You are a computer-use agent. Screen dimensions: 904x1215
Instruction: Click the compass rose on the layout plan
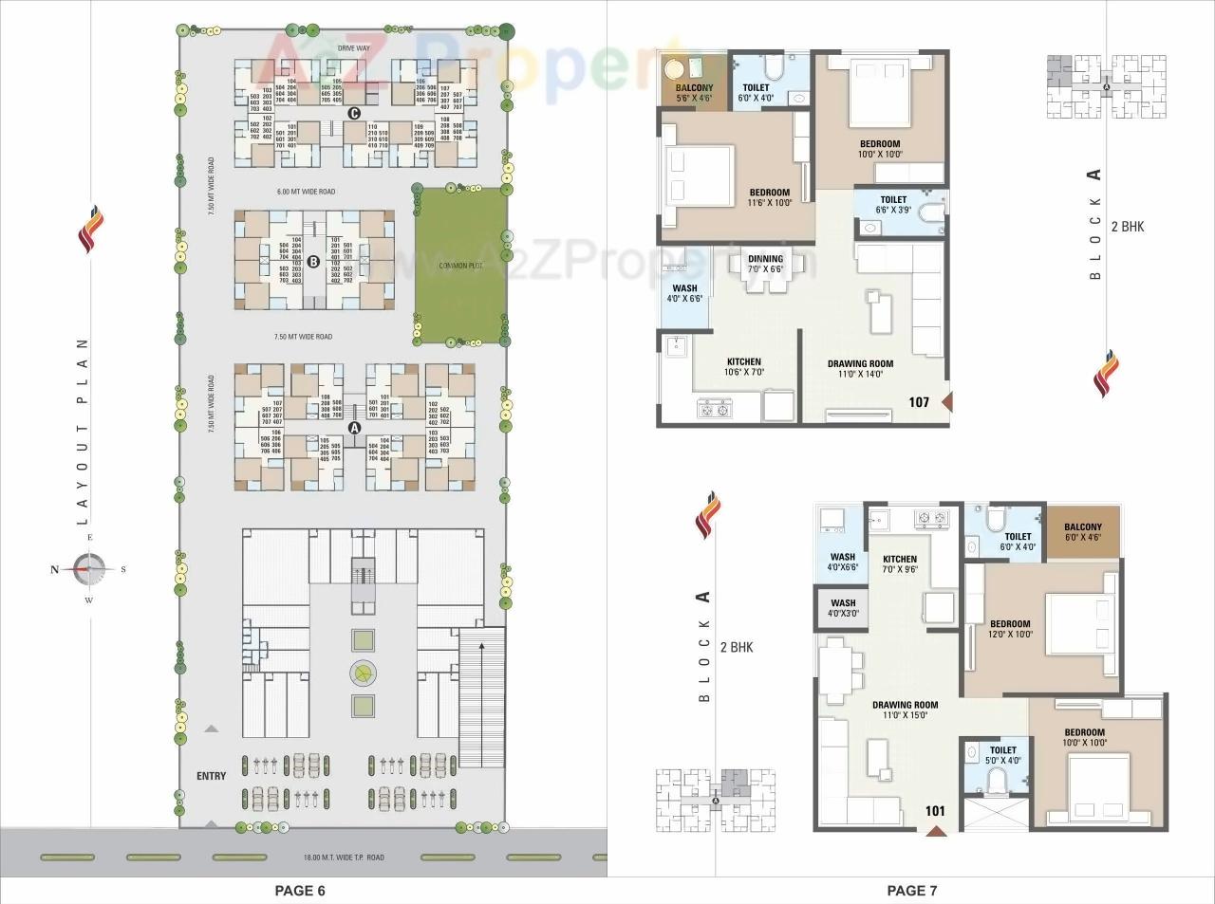coord(89,569)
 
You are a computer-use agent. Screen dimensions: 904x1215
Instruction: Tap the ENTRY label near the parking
coord(211,776)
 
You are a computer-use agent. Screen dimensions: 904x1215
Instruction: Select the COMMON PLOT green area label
coord(460,266)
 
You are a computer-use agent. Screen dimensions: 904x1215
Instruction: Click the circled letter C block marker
coord(354,114)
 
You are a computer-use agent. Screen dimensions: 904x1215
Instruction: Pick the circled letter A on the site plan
coord(355,428)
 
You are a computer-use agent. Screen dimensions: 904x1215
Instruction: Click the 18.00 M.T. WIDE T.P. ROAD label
coord(343,858)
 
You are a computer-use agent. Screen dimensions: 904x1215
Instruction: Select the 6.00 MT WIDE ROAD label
coord(306,193)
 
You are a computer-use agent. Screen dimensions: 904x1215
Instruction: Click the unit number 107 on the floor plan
coord(919,402)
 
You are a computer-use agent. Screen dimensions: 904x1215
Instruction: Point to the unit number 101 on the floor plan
coord(935,811)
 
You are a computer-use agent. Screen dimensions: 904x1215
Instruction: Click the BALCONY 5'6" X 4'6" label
coord(694,93)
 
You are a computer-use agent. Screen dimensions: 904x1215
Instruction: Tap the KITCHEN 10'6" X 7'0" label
coord(744,367)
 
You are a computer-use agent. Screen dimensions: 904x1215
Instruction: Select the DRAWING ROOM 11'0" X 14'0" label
coord(860,369)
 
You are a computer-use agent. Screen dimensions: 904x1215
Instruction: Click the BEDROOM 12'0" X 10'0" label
coord(1009,630)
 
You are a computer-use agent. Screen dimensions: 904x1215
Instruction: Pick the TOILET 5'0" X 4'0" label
coord(1002,755)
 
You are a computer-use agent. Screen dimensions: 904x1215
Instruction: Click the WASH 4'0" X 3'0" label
coord(843,608)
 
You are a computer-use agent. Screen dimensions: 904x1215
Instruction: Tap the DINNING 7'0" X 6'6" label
coord(765,264)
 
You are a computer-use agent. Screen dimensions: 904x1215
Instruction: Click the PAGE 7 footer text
coord(911,890)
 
